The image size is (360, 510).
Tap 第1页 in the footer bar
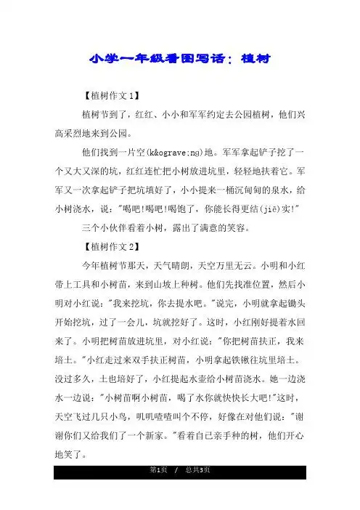point(153,493)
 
